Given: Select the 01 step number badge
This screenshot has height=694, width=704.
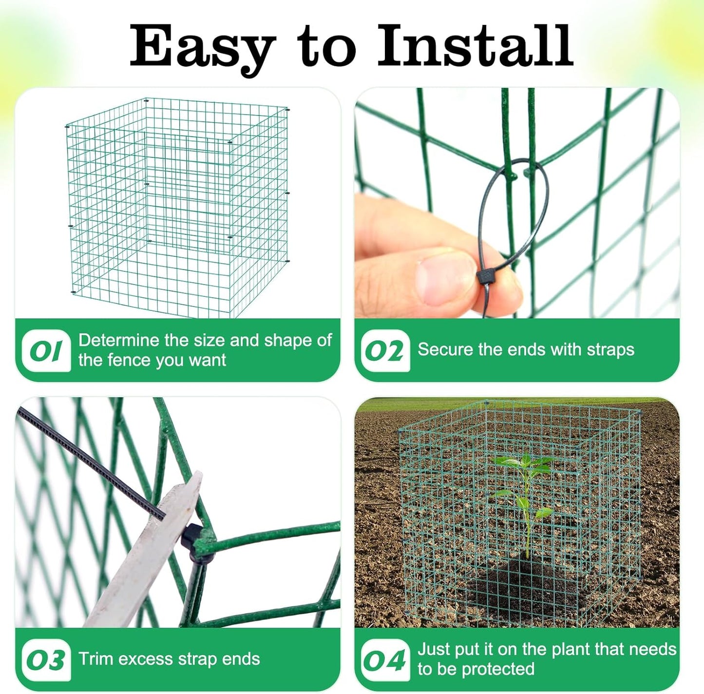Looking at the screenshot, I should [46, 351].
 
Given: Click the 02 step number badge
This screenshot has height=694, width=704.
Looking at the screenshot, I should [385, 351].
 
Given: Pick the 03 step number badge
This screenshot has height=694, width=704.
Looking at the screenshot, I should [46, 660].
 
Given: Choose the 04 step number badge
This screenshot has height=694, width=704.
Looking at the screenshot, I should [385, 660].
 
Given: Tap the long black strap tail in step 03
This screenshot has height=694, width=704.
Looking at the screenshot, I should [88, 461].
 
